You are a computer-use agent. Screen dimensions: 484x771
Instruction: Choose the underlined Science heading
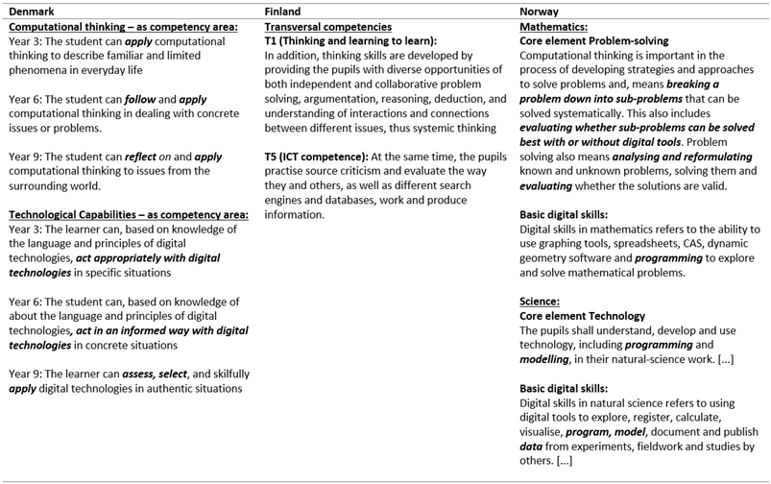click(540, 301)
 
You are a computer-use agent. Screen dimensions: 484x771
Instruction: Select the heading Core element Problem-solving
click(593, 42)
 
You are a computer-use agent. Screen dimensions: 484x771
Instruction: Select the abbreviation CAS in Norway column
click(683, 244)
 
